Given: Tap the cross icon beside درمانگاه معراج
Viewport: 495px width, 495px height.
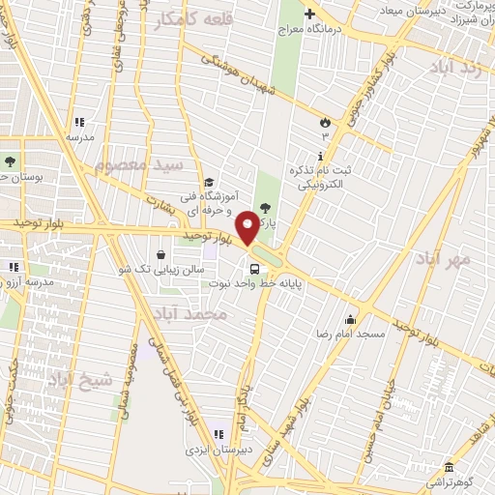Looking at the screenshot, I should coord(309,14).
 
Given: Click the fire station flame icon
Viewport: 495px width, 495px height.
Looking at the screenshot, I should coord(326,123).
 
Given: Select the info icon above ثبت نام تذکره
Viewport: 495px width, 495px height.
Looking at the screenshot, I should coord(321,156).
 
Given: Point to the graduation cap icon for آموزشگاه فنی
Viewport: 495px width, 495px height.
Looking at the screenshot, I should coord(207,182).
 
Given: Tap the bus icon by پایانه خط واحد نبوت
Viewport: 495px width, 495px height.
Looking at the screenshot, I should coord(253,270).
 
